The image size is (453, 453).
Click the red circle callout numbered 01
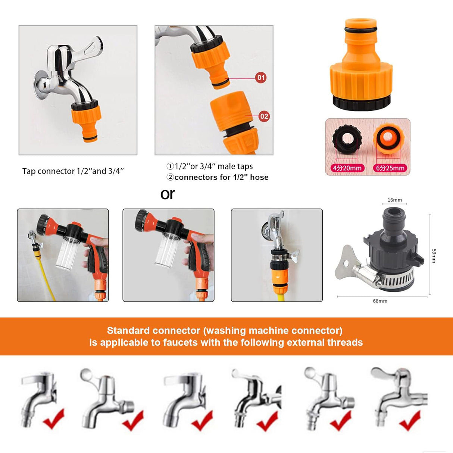(x=261, y=78)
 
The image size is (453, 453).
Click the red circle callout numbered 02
(x=264, y=116)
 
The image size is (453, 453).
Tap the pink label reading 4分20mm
(x=347, y=168)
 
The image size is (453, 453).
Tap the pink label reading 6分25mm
(x=390, y=168)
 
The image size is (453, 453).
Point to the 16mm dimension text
(x=395, y=200)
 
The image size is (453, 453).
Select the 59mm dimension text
(x=434, y=256)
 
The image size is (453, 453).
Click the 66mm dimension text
(x=380, y=301)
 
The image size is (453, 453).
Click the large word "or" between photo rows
(x=168, y=194)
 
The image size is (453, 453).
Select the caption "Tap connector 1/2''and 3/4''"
(x=73, y=171)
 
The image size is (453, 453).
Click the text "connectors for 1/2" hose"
(x=221, y=177)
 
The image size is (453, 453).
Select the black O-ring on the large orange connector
(x=361, y=30)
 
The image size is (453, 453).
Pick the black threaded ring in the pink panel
(x=347, y=139)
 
